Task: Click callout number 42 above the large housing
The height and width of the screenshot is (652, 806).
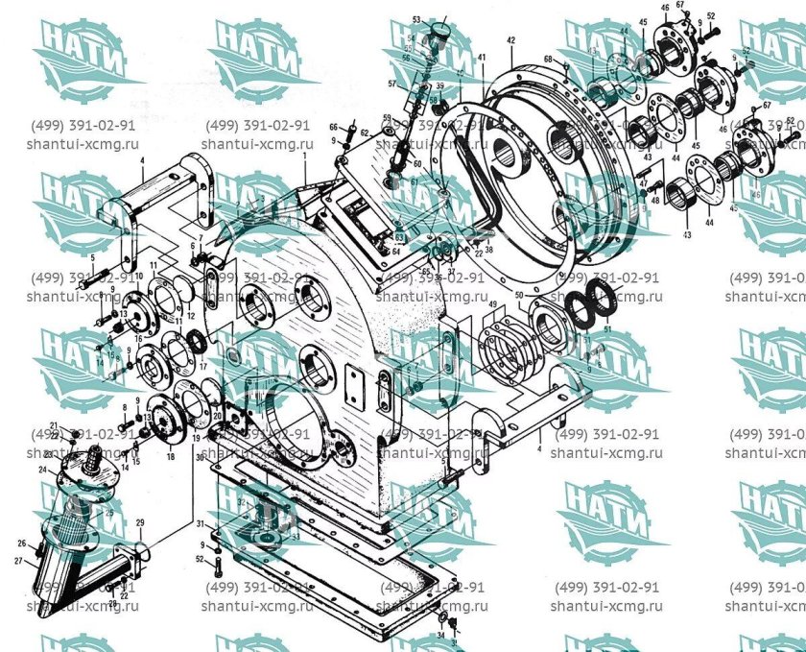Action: coord(511,40)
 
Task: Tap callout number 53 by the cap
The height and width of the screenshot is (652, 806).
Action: coord(417,19)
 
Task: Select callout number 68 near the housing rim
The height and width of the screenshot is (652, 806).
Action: coord(548,60)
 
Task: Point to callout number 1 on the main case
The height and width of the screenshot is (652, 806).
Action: coord(303,155)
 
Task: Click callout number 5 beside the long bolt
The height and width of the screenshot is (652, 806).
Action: coord(92,258)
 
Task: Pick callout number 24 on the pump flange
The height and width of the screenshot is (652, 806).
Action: coord(42,470)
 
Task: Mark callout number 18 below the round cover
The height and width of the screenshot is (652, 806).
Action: coord(170,457)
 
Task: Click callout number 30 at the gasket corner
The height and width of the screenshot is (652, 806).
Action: coord(200,459)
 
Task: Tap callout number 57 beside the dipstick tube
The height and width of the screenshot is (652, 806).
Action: coord(391,85)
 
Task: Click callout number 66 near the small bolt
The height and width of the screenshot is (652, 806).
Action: coord(334,127)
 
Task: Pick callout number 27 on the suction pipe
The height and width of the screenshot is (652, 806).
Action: coord(18,560)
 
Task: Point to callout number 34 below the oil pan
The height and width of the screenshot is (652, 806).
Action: coord(440,635)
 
